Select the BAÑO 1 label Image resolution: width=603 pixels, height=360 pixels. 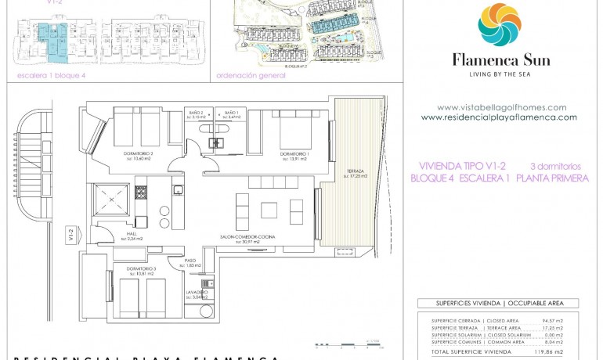[231, 113]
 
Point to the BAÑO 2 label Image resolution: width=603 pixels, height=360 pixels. [196, 113]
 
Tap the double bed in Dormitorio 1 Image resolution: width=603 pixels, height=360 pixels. [295, 128]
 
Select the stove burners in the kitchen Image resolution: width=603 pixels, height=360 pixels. [142, 192]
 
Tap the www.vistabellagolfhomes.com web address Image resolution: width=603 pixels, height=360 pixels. [501, 108]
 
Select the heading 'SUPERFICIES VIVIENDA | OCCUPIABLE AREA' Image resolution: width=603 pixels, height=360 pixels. [498, 303]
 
